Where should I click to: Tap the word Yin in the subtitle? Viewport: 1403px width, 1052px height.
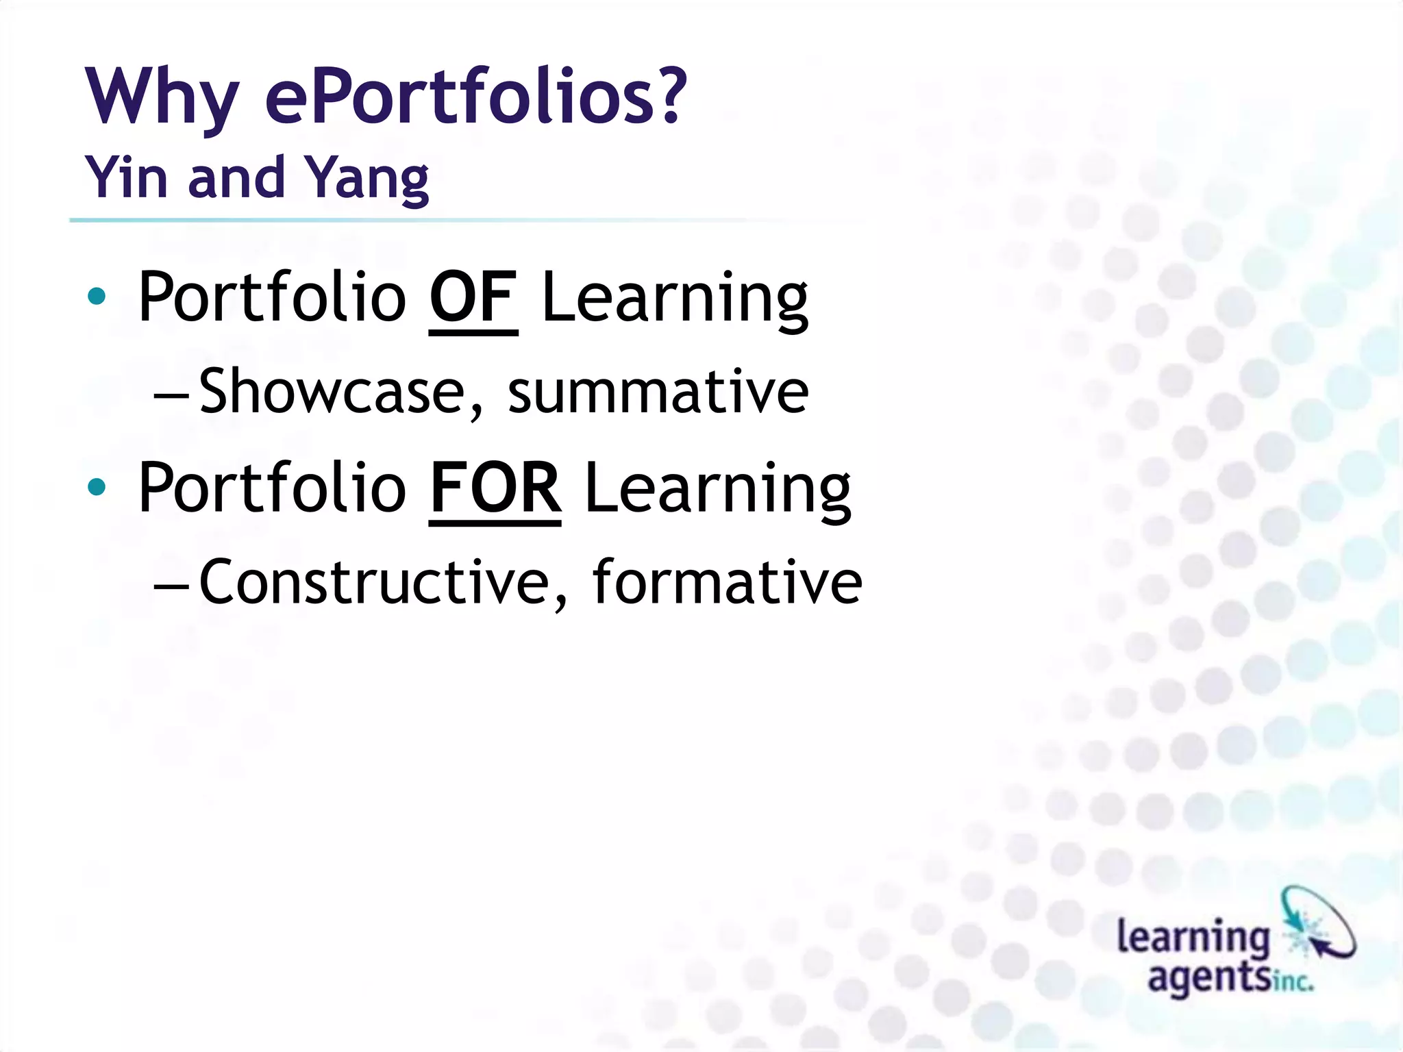coord(127,177)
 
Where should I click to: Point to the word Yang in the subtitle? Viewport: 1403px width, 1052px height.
coord(367,178)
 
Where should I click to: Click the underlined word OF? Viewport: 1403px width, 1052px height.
coord(473,297)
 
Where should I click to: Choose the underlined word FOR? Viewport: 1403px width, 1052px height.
coord(495,488)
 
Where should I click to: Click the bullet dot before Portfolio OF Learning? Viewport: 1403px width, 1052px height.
coord(97,297)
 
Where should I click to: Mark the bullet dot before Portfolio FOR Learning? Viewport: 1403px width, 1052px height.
coord(97,487)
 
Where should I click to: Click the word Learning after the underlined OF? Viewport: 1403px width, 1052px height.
coord(675,299)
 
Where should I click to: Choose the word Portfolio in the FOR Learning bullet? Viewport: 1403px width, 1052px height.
coord(272,488)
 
